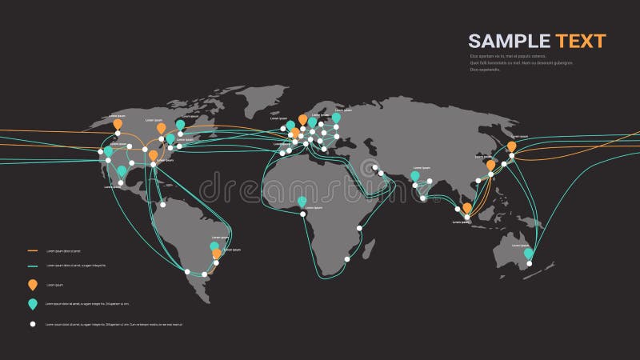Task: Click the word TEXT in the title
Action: tap(578, 42)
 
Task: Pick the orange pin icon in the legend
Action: tap(33, 284)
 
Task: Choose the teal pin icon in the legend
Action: tap(33, 304)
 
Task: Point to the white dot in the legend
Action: tap(33, 324)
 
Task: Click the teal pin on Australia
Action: tap(528, 254)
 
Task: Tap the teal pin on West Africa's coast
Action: tap(302, 201)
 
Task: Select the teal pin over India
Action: tap(414, 175)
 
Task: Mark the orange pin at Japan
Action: tap(511, 146)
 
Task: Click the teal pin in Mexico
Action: tap(122, 170)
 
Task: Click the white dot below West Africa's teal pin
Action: tap(304, 212)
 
